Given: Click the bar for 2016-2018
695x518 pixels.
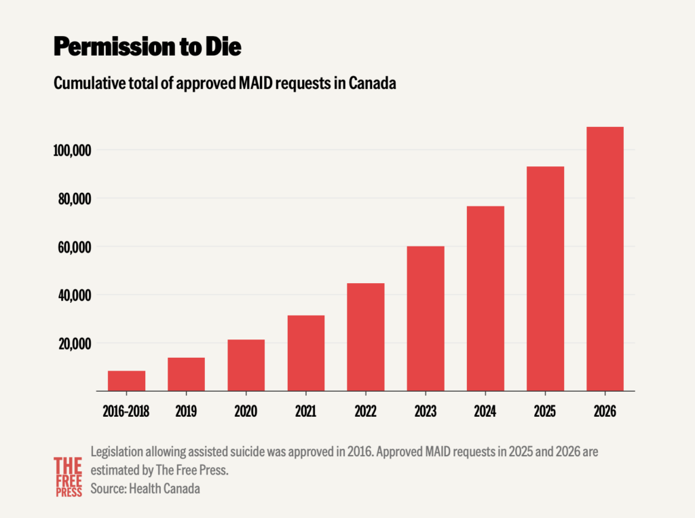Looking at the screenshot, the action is [126, 381].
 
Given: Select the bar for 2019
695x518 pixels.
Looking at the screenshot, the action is [186, 374].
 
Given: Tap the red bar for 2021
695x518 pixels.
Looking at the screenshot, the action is [306, 353].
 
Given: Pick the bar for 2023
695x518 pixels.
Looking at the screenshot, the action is [426, 318].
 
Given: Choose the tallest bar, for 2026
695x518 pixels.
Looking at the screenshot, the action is [605, 259].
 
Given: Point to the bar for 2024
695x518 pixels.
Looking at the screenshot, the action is [485, 299].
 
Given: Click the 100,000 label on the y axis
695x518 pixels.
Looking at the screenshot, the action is [72, 150].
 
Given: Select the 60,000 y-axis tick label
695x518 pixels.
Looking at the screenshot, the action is [75, 247].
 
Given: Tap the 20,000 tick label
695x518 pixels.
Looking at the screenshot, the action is [75, 344].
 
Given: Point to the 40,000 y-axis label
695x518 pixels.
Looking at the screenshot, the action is [75, 295].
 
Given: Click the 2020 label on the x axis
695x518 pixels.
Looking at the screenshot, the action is [246, 411].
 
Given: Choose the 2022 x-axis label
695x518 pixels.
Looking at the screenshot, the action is [365, 411].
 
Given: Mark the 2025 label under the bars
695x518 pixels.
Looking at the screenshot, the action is [545, 411].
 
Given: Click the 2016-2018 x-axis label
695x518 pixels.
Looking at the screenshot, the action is [126, 411].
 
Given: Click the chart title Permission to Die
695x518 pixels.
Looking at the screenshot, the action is [147, 46].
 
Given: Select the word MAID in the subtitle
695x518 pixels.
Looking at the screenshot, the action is [256, 83].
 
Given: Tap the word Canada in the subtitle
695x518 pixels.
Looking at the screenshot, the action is [373, 83].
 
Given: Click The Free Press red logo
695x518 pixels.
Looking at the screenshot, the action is [69, 477].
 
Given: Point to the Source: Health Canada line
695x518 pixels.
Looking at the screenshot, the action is [145, 488].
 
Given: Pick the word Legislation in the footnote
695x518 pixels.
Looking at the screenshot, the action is [117, 452].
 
